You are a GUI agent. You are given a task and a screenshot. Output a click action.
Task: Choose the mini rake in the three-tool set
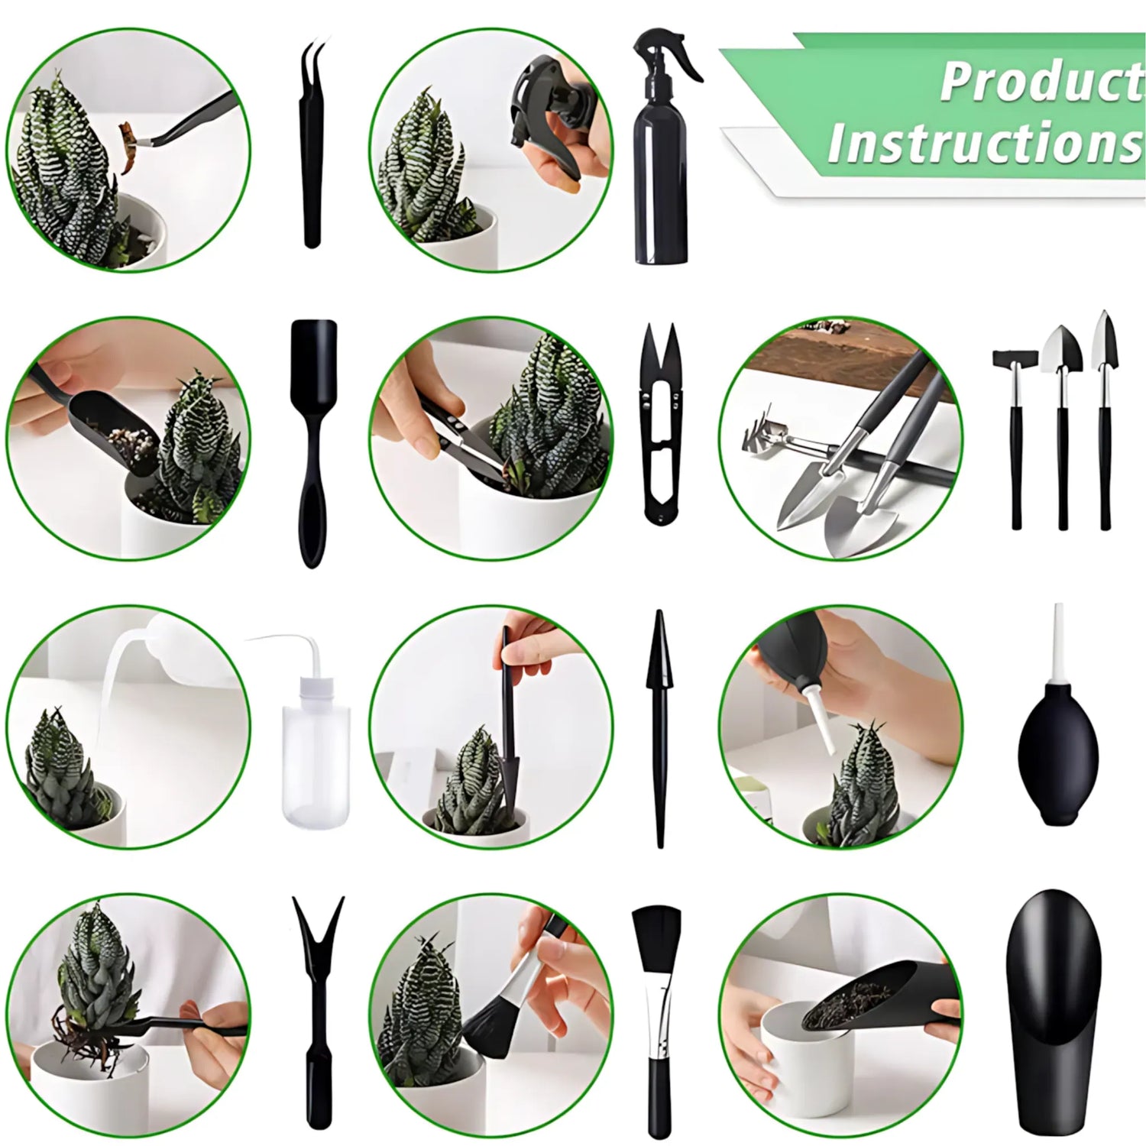(x=1015, y=358)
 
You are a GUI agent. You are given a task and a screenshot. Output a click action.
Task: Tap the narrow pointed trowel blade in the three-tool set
(x=1105, y=342)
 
